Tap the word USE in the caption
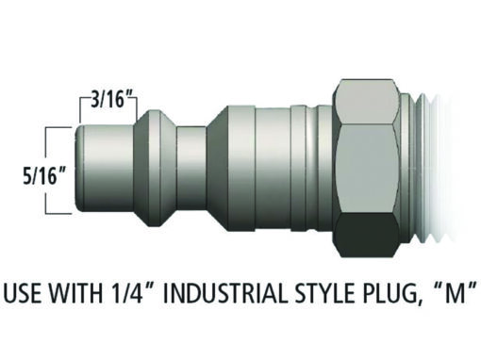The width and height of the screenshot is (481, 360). click(x=24, y=293)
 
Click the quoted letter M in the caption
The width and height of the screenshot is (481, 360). click(x=454, y=292)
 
